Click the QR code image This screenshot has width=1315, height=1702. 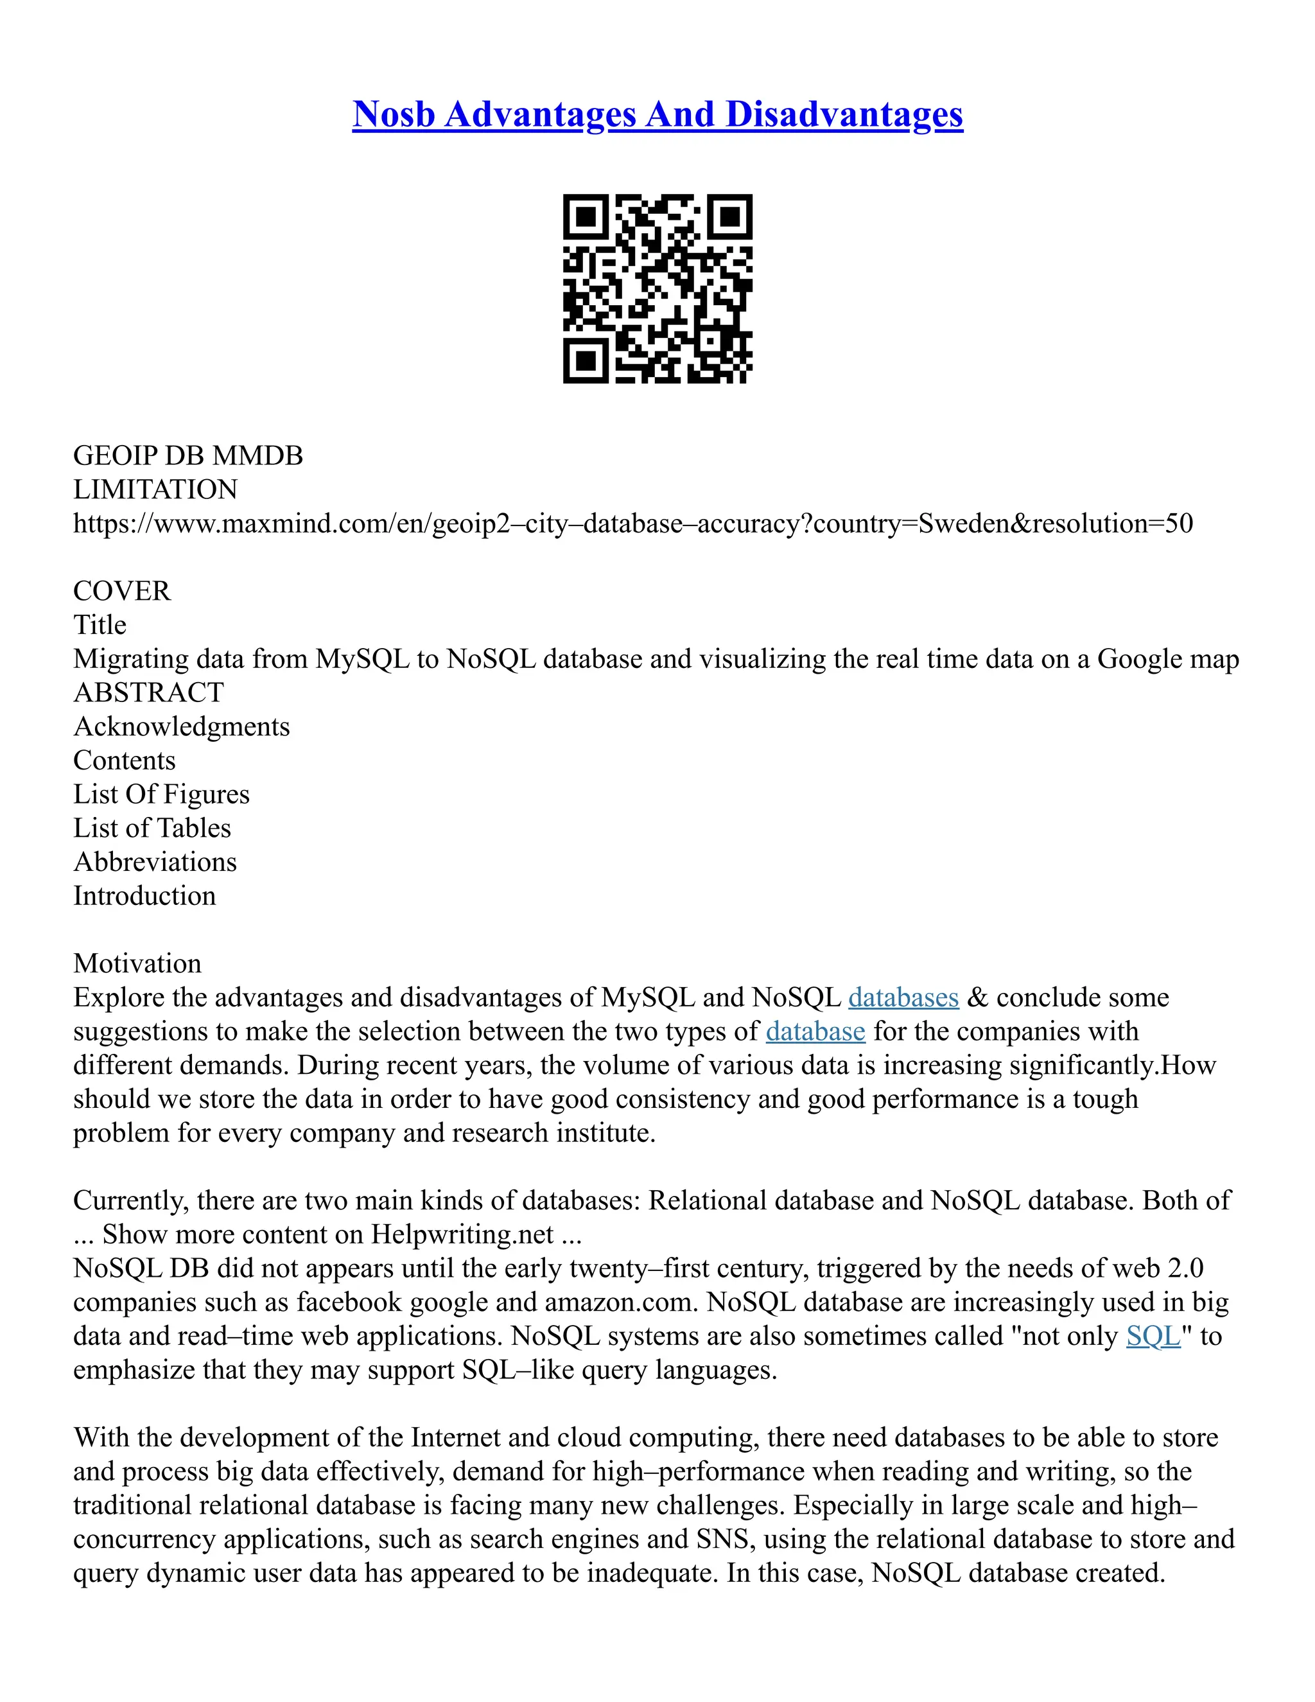tap(657, 288)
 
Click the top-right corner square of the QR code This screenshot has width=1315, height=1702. tap(729, 216)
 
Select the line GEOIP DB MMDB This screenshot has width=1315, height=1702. tap(187, 456)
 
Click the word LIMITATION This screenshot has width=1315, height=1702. tap(155, 489)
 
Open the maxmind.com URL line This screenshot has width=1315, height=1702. tap(632, 523)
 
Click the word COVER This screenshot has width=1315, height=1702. tap(121, 591)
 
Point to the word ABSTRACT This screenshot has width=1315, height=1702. tap(148, 692)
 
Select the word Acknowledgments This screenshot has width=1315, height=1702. tap(182, 726)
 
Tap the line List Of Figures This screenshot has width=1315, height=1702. tap(161, 794)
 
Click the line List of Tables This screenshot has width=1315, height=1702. tap(152, 828)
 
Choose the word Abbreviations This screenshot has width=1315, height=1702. tap(155, 862)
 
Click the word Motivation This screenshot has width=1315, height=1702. tap(137, 963)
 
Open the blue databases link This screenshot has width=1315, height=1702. tap(903, 997)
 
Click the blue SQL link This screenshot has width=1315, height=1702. tap(1153, 1336)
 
